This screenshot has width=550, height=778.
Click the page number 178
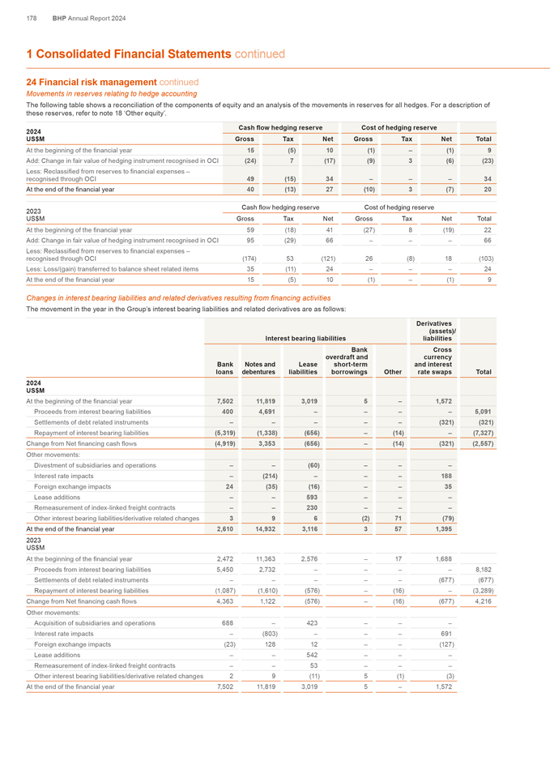(32, 18)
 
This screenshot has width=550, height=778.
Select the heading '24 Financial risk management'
(91, 82)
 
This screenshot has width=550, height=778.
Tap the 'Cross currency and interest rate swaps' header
(438, 363)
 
